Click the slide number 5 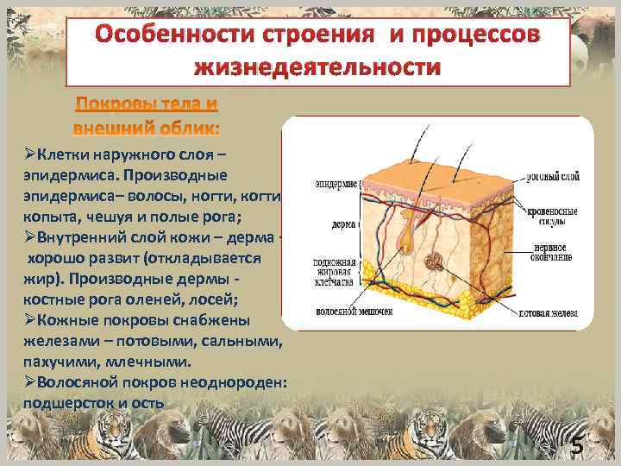577,446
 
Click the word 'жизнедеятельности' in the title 318,66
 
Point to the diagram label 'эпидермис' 336,184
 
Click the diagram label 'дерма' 344,223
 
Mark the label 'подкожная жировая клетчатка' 337,272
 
